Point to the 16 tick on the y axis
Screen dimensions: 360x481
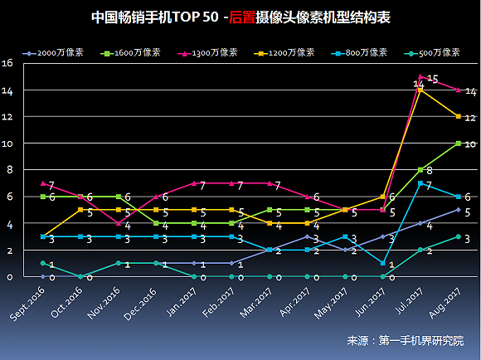7,63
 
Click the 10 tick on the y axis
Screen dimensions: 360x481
7,144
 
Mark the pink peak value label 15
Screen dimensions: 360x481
432,79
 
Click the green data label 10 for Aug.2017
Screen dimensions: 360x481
470,144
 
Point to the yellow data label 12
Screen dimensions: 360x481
470,118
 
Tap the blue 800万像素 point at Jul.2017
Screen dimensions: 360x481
420,183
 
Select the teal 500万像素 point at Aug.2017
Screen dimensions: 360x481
458,236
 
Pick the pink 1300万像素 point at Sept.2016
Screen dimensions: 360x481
42,183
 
